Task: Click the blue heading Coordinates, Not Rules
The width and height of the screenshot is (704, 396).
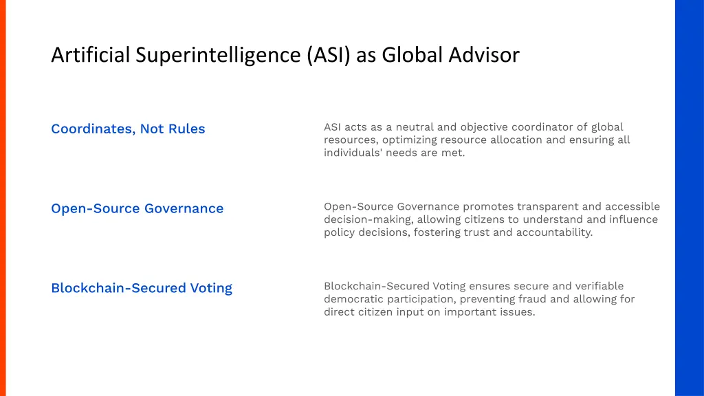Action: point(128,129)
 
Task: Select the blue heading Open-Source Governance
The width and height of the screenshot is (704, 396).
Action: point(137,208)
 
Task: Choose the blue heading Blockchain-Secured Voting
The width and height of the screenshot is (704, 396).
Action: point(142,288)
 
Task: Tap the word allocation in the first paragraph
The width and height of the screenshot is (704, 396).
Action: point(516,140)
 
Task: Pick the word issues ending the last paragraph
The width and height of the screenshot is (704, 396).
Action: point(518,312)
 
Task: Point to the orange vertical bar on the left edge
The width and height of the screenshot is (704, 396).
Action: point(3,198)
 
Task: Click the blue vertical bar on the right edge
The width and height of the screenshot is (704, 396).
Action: point(689,198)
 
